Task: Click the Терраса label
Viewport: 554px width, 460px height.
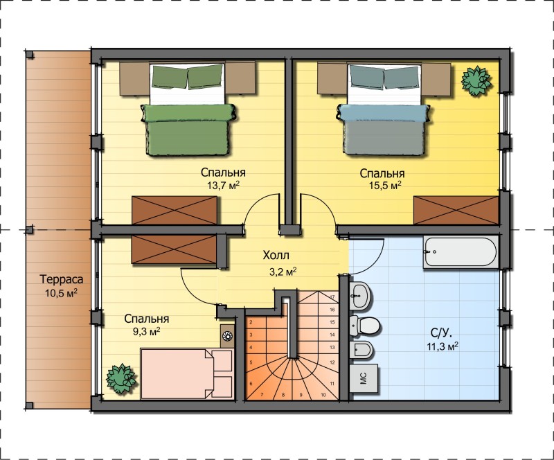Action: click(x=62, y=279)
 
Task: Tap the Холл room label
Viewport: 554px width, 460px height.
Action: click(x=276, y=255)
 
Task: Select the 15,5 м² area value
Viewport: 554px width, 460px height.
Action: click(x=385, y=185)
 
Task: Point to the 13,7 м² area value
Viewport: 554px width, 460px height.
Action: click(x=223, y=185)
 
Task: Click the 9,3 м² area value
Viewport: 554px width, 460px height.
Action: click(x=147, y=332)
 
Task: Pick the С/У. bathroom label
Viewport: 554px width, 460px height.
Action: click(x=441, y=333)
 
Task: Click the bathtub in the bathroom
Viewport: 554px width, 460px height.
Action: click(x=461, y=252)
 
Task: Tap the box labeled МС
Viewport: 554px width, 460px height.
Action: click(x=364, y=378)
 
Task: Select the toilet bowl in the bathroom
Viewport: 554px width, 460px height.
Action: click(x=365, y=326)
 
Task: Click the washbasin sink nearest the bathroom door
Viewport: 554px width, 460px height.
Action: click(x=360, y=295)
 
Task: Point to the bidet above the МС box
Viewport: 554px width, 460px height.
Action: click(x=361, y=351)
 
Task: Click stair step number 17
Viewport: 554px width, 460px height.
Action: click(x=332, y=297)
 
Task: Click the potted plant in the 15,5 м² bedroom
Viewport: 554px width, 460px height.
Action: click(x=476, y=80)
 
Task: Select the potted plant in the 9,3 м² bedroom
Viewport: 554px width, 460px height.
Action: click(x=120, y=378)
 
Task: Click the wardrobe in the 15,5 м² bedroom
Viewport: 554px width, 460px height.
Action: click(x=456, y=211)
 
